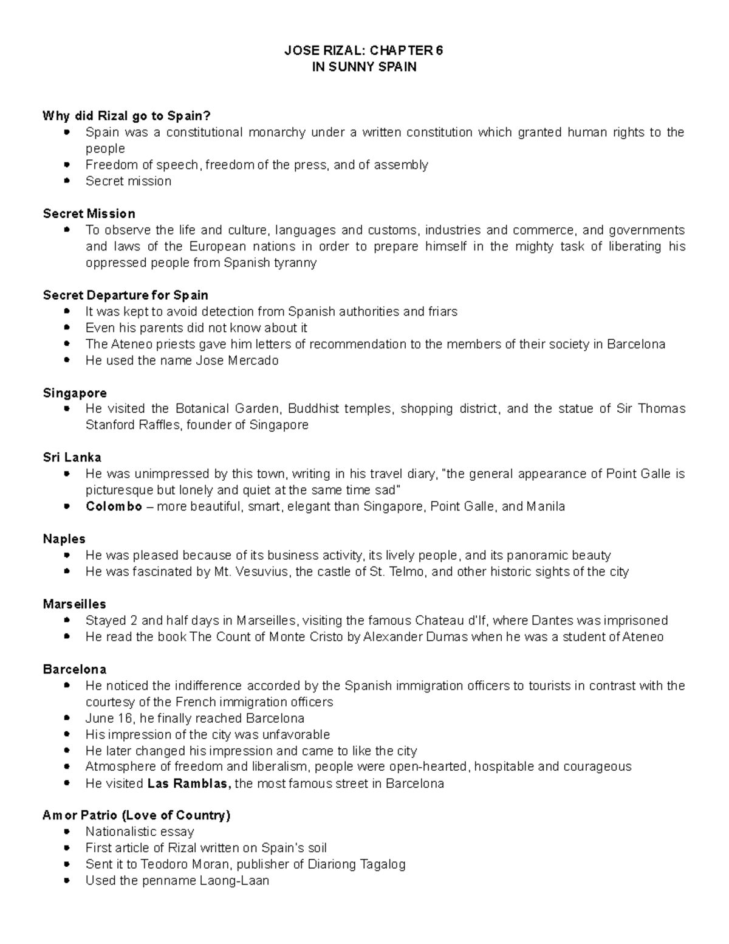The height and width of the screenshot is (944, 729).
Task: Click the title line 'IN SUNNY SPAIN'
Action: click(x=364, y=67)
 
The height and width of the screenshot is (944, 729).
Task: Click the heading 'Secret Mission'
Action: click(x=89, y=213)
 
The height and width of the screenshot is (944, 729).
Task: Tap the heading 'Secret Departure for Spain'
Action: click(x=125, y=295)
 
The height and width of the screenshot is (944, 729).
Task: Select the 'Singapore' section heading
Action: click(x=75, y=393)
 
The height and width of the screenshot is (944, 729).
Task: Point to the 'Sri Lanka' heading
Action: click(x=72, y=457)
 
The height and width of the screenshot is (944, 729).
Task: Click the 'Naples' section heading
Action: click(x=64, y=539)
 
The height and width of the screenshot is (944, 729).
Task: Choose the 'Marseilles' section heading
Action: click(x=74, y=604)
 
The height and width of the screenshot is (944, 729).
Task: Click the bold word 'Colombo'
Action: click(x=114, y=506)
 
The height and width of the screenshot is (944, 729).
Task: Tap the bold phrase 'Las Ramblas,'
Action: click(x=189, y=784)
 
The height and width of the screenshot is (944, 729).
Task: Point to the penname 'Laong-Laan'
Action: click(x=234, y=881)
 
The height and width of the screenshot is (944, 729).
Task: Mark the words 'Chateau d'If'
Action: click(x=451, y=621)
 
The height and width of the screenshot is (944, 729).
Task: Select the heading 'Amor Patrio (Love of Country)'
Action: click(x=137, y=815)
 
